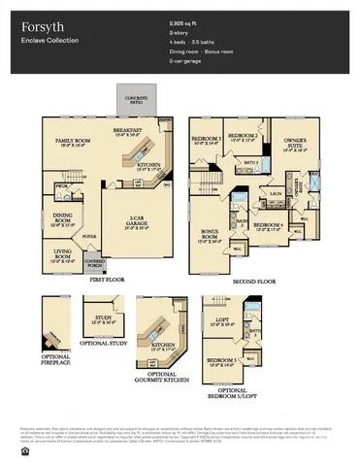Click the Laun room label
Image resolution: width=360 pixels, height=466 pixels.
coord(275,193)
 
